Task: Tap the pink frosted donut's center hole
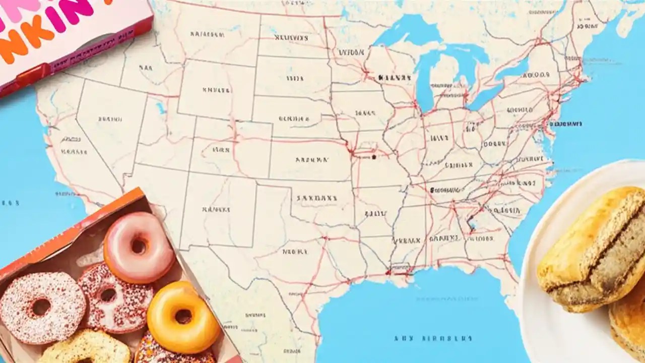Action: tap(138, 247)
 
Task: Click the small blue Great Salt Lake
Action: tap(161, 108)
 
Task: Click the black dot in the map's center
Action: tap(374, 157)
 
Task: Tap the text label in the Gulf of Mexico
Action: tap(433, 338)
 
